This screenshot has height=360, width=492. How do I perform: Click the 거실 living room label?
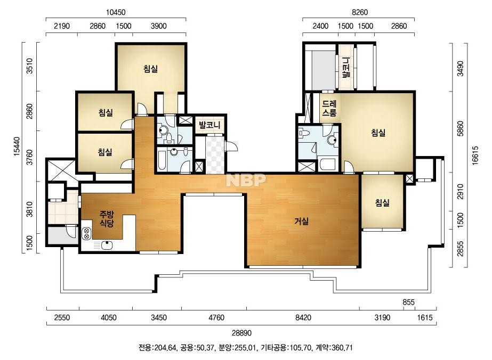point(301,222)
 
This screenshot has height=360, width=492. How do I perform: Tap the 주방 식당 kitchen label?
point(107,219)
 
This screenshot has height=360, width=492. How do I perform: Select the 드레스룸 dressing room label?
point(329,108)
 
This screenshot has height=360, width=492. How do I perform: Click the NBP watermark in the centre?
point(246,180)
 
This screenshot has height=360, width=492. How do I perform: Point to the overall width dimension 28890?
point(241,333)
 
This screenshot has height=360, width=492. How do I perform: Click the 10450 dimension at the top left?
point(116,12)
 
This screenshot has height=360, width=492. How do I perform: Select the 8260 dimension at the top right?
point(360,12)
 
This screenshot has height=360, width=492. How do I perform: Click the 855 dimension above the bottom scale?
point(408,302)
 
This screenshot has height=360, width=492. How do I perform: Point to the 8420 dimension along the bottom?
point(303,318)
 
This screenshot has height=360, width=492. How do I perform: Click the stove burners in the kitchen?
point(86,234)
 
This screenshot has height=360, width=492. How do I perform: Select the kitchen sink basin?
point(107,245)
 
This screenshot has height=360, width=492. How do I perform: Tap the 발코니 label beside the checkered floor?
point(209,125)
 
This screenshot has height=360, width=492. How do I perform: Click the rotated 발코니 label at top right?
point(346,68)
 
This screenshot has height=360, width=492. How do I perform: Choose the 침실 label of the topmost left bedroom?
point(151,69)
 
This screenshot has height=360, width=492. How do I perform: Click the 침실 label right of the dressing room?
point(378,133)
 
